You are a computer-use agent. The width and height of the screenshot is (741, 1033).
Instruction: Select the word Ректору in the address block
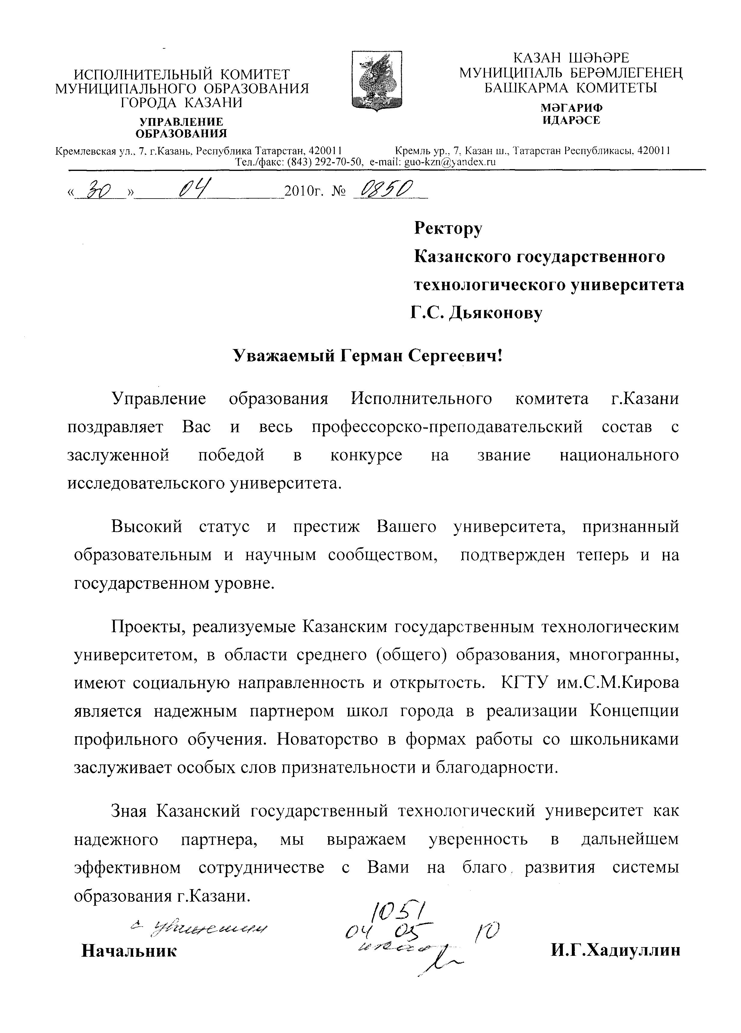click(x=447, y=228)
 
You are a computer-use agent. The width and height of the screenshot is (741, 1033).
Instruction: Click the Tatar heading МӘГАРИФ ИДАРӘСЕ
click(x=571, y=114)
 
